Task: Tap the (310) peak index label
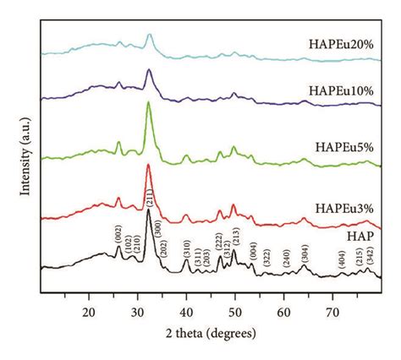point(186,248)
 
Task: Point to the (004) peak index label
point(253,250)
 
